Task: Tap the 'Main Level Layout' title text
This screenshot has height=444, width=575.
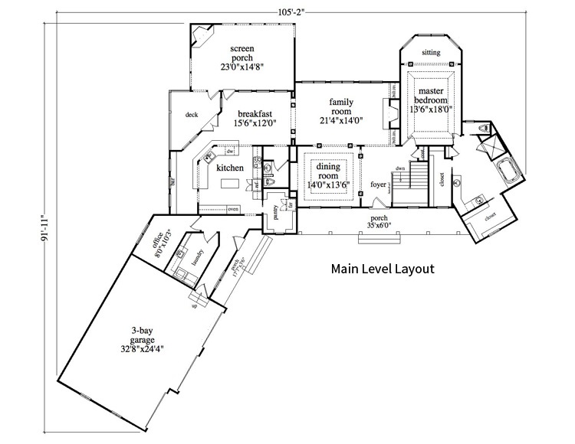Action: tap(383, 269)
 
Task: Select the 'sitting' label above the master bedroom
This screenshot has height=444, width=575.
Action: tap(432, 53)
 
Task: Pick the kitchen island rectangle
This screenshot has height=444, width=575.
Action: tap(231, 184)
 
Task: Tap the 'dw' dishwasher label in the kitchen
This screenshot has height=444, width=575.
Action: tap(229, 152)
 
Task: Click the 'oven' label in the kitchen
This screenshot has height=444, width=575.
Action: tap(233, 208)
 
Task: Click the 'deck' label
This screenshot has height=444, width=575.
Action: tap(192, 115)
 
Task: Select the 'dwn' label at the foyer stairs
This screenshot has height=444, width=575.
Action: tap(400, 168)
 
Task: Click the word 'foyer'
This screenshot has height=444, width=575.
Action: tap(378, 184)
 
